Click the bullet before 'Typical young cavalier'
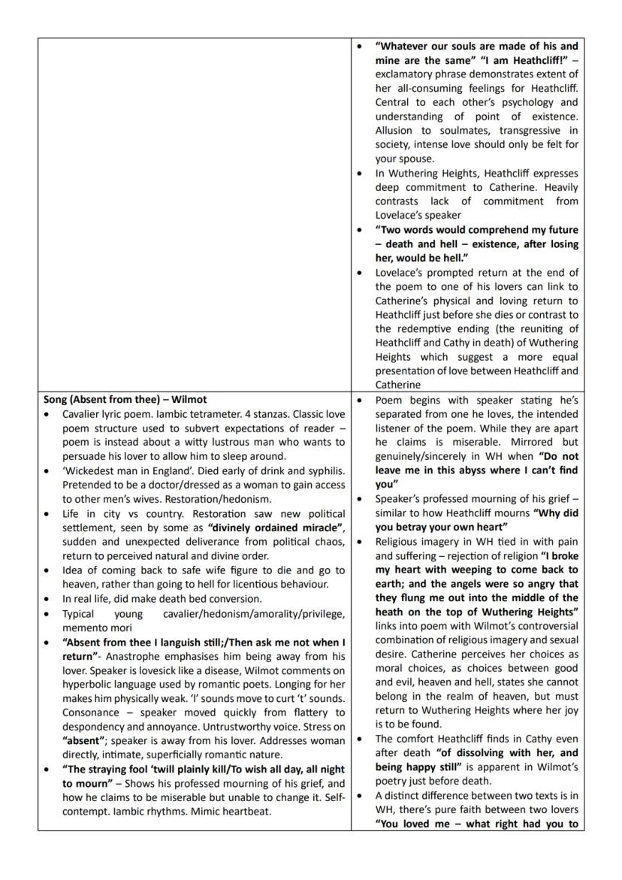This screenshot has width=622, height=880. click(48, 613)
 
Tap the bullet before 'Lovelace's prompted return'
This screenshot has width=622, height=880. click(361, 273)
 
